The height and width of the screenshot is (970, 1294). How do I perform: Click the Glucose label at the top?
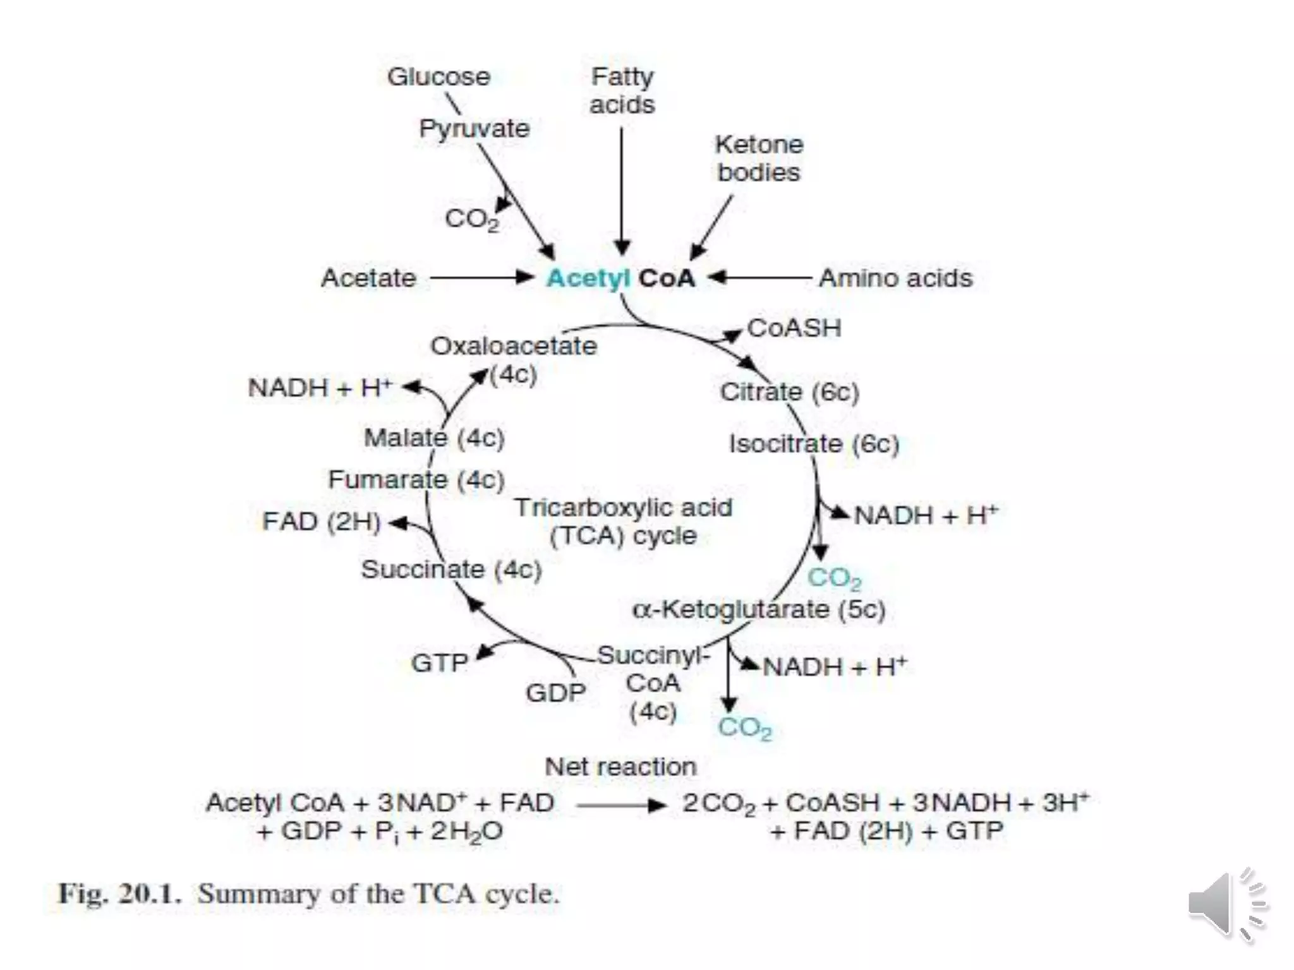pyautogui.click(x=438, y=77)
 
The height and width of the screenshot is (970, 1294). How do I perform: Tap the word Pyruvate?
pyautogui.click(x=474, y=129)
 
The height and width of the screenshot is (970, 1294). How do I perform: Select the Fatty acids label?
pyautogui.click(x=622, y=91)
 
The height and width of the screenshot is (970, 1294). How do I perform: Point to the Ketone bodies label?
pyautogui.click(x=759, y=159)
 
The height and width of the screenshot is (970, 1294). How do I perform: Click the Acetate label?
pyautogui.click(x=368, y=278)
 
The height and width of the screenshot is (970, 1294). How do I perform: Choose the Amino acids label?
pyautogui.click(x=895, y=278)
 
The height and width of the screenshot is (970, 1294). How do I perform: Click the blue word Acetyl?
pyautogui.click(x=589, y=278)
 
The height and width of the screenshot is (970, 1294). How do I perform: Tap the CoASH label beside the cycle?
pyautogui.click(x=794, y=328)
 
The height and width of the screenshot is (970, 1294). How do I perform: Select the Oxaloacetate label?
pyautogui.click(x=514, y=346)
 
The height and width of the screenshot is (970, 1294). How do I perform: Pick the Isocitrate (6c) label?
pyautogui.click(x=814, y=444)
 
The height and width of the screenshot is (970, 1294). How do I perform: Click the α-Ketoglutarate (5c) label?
pyautogui.click(x=758, y=610)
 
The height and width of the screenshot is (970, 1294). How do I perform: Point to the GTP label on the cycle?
pyautogui.click(x=439, y=663)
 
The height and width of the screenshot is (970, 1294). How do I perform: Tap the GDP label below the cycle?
pyautogui.click(x=555, y=693)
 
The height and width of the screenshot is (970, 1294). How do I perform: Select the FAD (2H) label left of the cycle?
pyautogui.click(x=321, y=522)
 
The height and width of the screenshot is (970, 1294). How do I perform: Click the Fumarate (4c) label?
pyautogui.click(x=416, y=480)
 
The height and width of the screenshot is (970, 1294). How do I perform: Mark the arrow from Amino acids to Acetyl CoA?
pyautogui.click(x=758, y=277)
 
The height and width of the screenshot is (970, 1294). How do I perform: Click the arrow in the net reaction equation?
pyautogui.click(x=621, y=805)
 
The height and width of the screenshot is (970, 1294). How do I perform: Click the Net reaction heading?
pyautogui.click(x=620, y=767)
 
